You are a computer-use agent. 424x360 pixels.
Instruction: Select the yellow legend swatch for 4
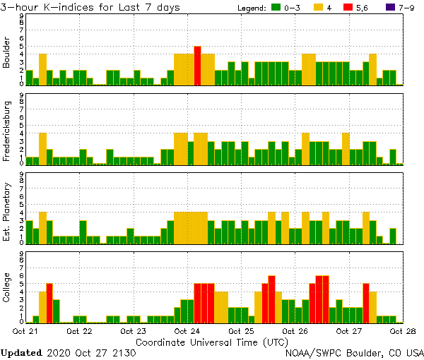click(x=319, y=8)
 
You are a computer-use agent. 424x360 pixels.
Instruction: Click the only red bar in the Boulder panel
click(x=198, y=66)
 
